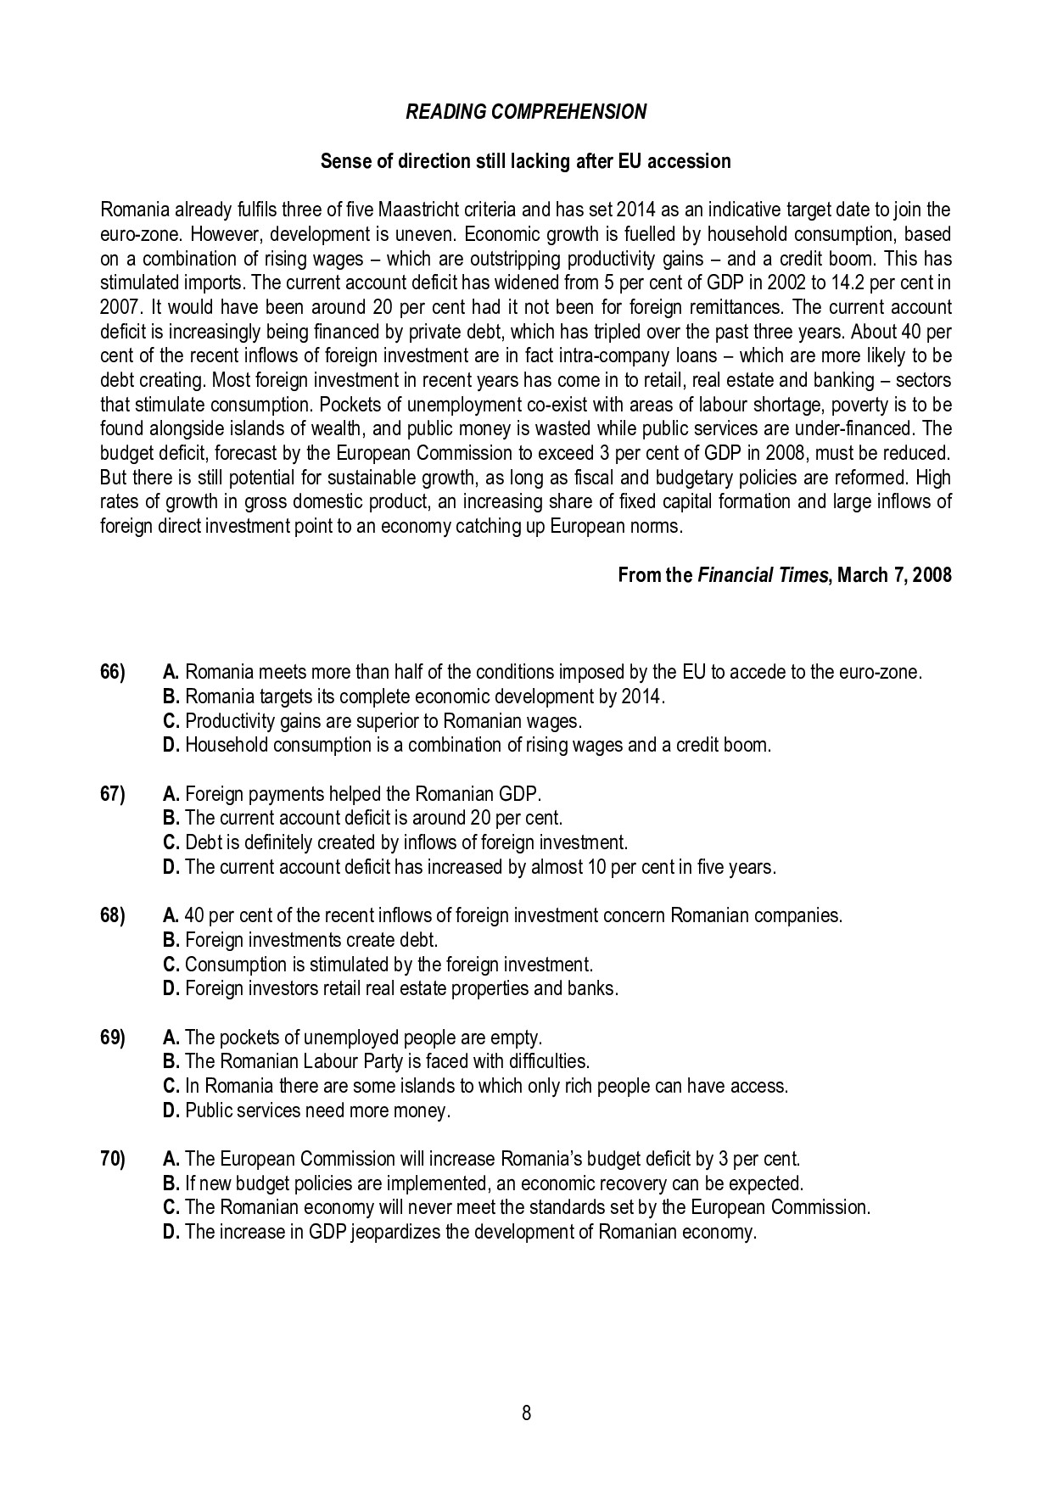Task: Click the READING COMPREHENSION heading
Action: pyautogui.click(x=526, y=112)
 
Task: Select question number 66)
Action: pyautogui.click(x=113, y=673)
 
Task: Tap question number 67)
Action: pyautogui.click(x=113, y=794)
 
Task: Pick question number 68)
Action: pyautogui.click(x=113, y=915)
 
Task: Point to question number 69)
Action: pyautogui.click(x=113, y=1037)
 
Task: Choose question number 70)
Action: pyautogui.click(x=113, y=1159)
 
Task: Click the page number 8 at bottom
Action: pyautogui.click(x=526, y=1413)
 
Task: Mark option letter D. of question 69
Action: pyautogui.click(x=171, y=1110)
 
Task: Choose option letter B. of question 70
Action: pyautogui.click(x=171, y=1183)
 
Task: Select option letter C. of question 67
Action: pyautogui.click(x=171, y=843)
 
